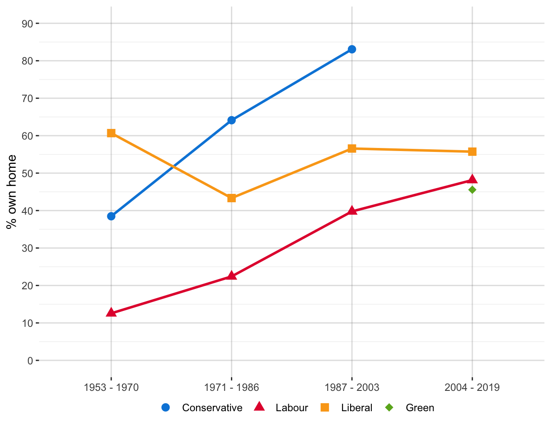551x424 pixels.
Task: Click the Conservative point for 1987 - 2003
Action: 352,49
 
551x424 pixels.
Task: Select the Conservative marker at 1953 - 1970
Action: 111,216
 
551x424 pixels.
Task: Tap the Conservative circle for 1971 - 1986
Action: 232,120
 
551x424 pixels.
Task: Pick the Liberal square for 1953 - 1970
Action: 111,133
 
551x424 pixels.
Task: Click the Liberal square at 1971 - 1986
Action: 232,198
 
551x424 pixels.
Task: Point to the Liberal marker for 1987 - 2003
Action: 352,148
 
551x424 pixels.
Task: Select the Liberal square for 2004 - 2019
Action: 472,152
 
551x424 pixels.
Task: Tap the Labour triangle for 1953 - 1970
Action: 111,313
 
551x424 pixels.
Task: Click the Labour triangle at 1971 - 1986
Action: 232,276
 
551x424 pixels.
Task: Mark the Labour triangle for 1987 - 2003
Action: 352,211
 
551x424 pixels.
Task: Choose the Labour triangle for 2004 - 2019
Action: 472,179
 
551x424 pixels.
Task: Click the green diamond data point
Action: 472,190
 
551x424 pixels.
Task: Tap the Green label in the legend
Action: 420,408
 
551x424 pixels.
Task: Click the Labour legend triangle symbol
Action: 259,407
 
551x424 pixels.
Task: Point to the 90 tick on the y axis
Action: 27,23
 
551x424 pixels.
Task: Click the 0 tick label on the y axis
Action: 30,361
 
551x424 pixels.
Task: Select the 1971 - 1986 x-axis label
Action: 232,388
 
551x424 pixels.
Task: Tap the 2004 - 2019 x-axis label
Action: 472,388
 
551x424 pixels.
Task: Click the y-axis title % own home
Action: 12,192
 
